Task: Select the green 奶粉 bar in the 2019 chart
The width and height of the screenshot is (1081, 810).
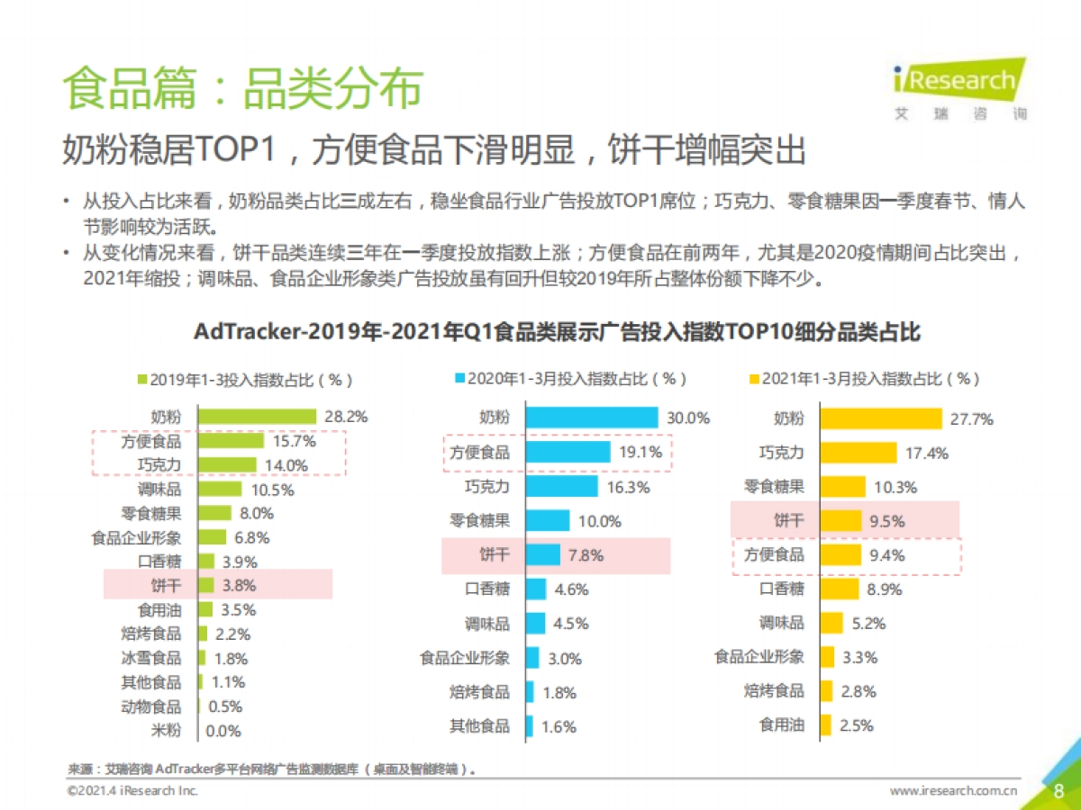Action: pyautogui.click(x=257, y=417)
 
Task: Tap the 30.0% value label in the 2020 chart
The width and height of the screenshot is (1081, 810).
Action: pyautogui.click(x=687, y=418)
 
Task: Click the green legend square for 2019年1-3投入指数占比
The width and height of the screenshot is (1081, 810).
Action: pyautogui.click(x=141, y=380)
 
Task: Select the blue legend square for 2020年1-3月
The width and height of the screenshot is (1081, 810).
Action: pyautogui.click(x=460, y=379)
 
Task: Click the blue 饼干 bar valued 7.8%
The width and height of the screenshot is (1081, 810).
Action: pyautogui.click(x=542, y=555)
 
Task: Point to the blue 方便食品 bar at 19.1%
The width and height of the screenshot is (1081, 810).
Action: pyautogui.click(x=568, y=452)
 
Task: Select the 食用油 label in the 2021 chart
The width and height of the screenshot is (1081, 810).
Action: pyautogui.click(x=781, y=725)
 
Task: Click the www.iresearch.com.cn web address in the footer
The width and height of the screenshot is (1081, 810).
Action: pyautogui.click(x=953, y=791)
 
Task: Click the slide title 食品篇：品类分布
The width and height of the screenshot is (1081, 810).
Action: pyautogui.click(x=242, y=88)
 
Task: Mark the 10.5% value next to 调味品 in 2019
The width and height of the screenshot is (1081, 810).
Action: pyautogui.click(x=272, y=490)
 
